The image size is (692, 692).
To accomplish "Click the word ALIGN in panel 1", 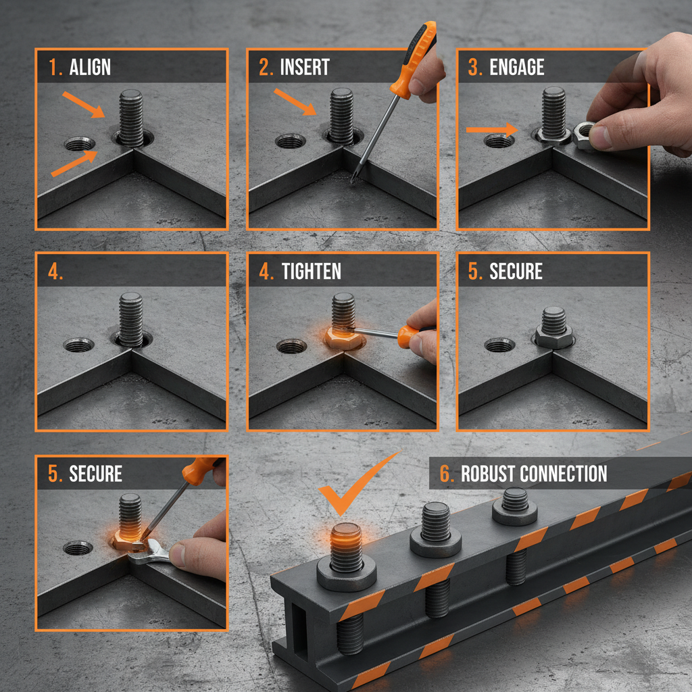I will coord(90,68).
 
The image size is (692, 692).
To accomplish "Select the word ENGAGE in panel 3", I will coord(516,68).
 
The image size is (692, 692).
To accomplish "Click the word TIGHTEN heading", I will coord(311,272).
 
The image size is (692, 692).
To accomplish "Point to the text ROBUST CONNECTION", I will coord(534,474).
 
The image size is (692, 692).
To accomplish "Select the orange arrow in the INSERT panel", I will coord(295,102).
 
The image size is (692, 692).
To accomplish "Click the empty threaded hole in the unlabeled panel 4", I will coord(79,345).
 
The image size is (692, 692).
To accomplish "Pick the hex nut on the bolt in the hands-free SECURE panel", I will coord(554,335).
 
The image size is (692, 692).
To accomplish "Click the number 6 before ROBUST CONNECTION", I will coord(446,474).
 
